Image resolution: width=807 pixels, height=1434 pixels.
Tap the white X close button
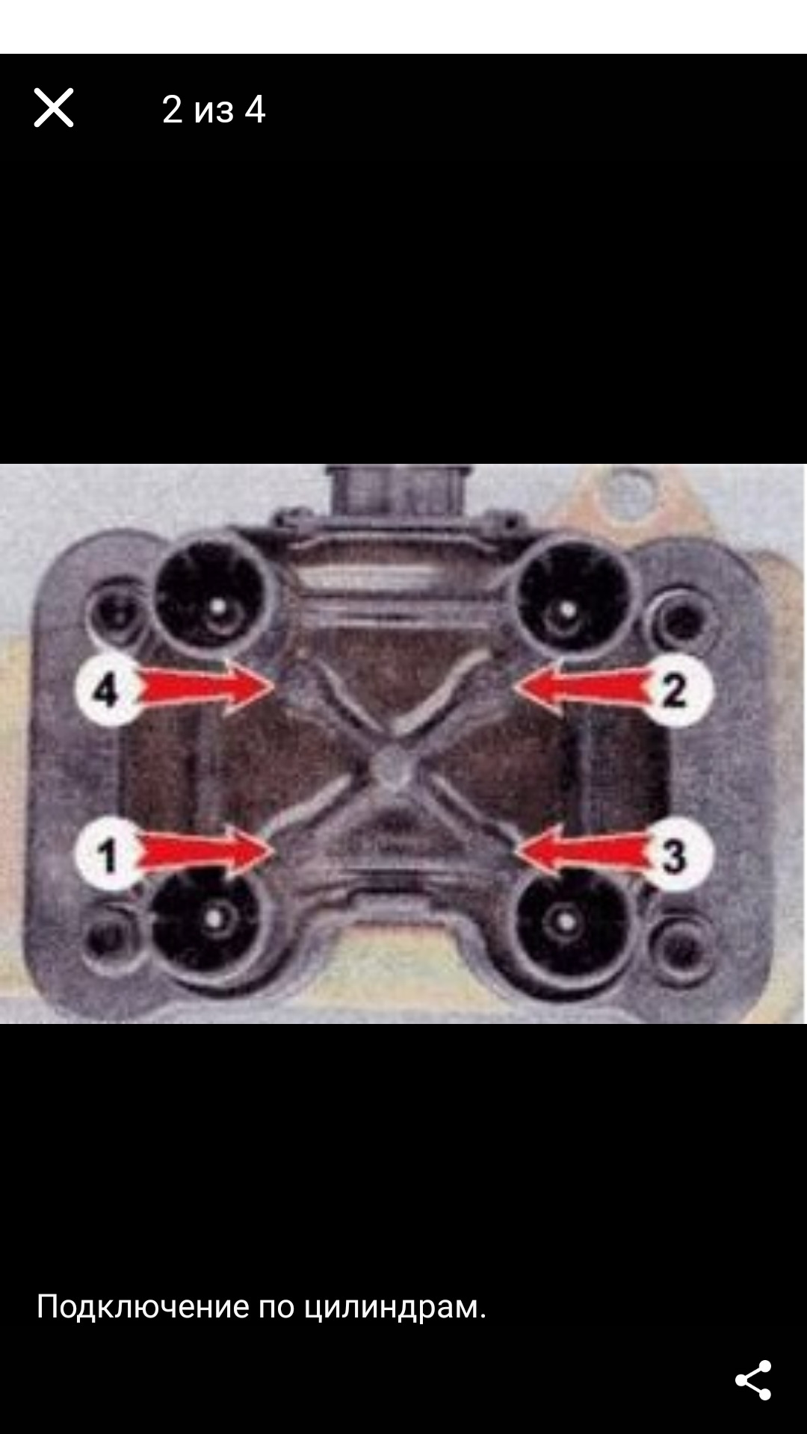point(54,108)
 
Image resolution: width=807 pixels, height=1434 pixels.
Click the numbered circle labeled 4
point(108,689)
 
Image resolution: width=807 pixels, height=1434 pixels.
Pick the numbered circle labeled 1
point(108,855)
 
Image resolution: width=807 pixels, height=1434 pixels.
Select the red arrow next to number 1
point(205,852)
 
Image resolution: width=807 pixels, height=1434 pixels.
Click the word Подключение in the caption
point(143,1307)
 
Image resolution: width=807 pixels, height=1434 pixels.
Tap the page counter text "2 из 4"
point(214,110)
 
